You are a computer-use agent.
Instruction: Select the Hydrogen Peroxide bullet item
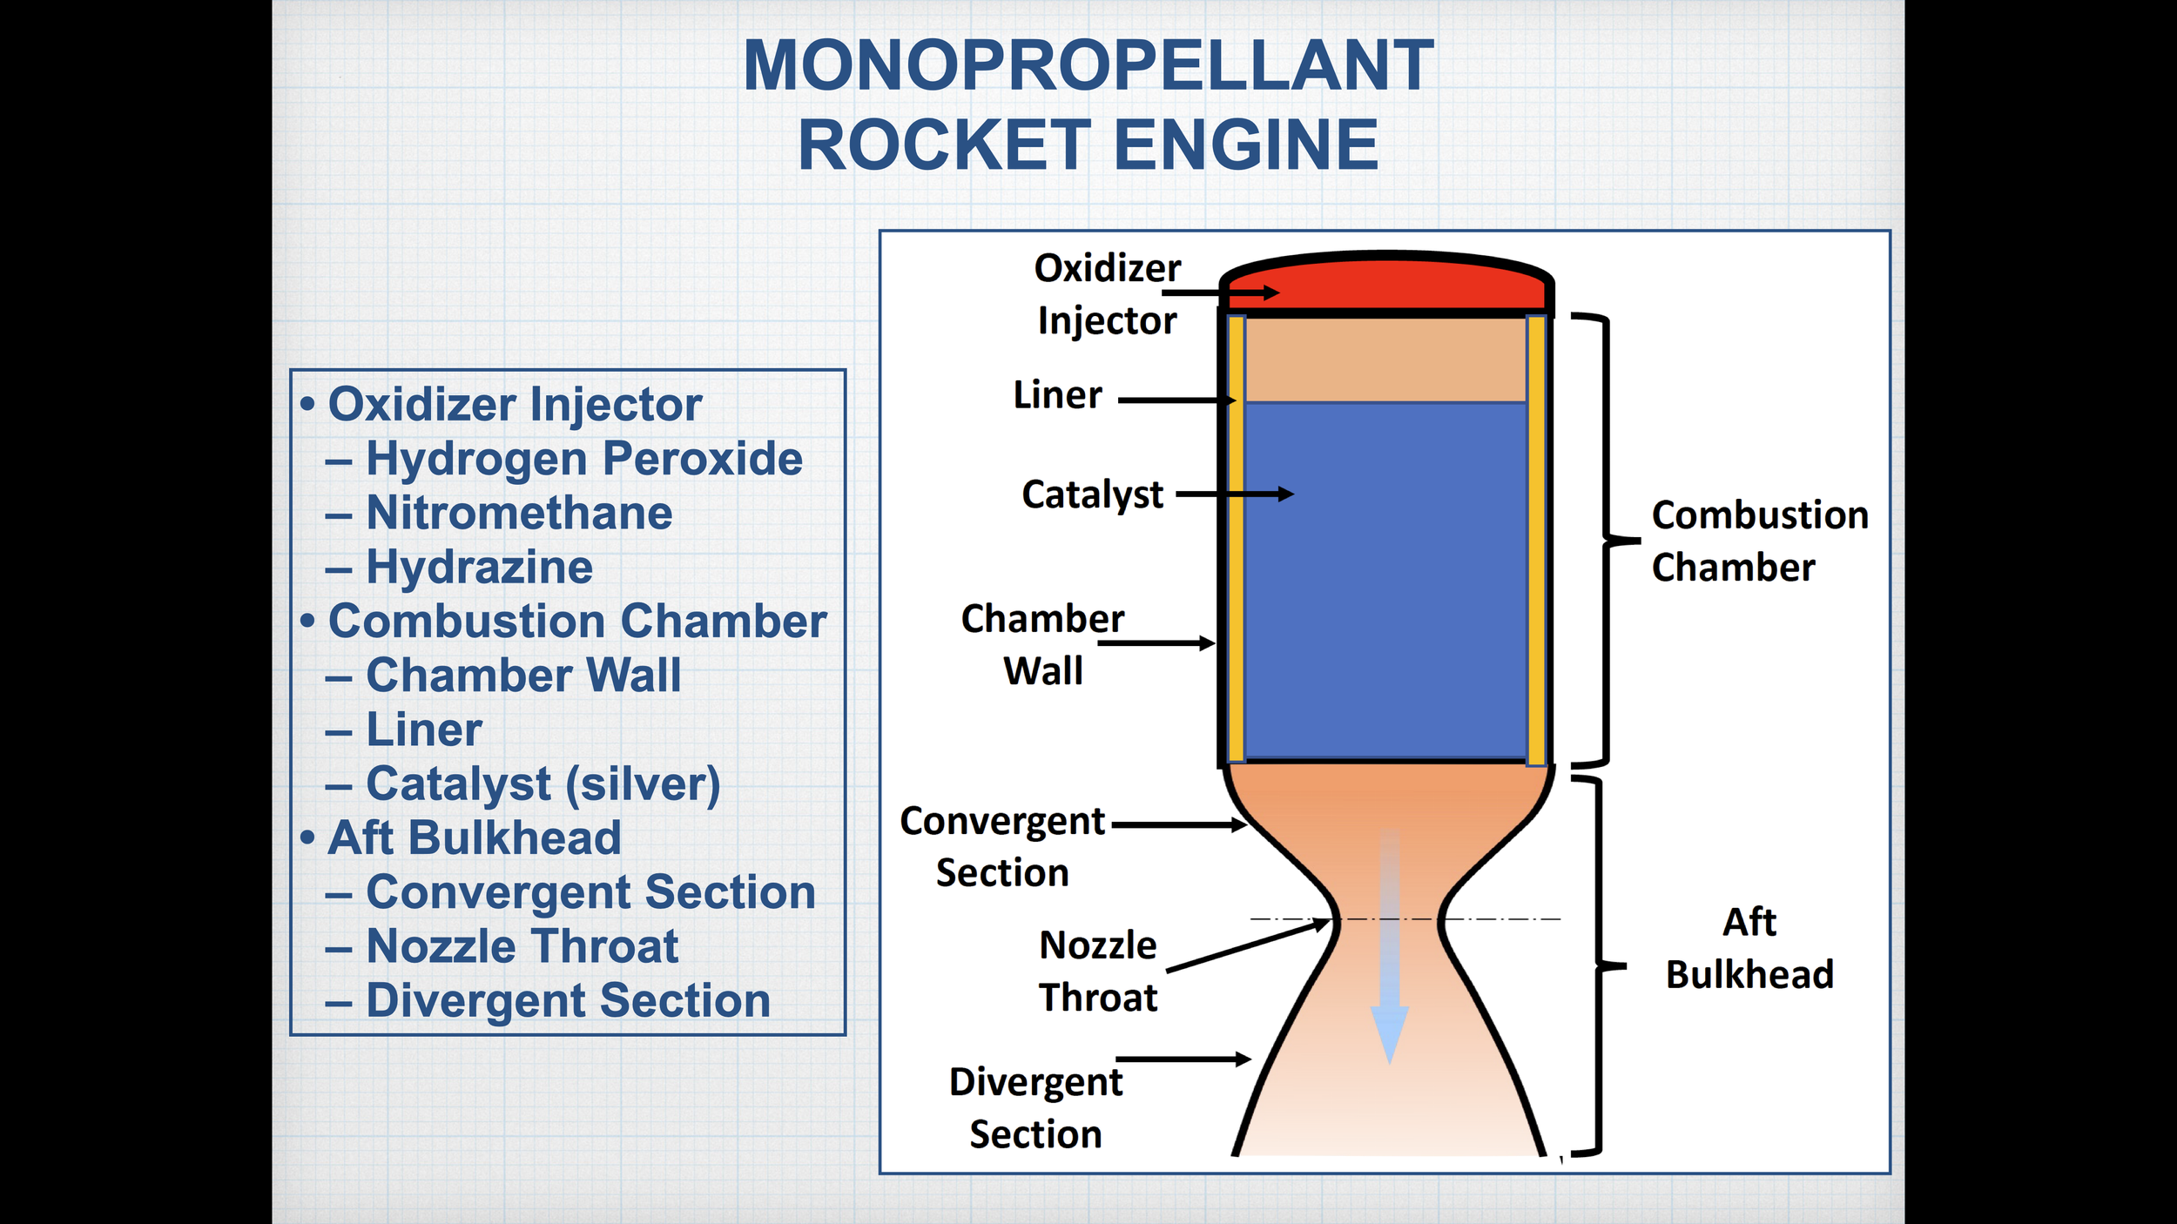pos(583,459)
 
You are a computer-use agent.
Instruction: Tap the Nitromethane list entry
pos(519,513)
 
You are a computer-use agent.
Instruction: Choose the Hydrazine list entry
pos(479,567)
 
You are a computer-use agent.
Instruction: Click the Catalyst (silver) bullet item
pos(543,783)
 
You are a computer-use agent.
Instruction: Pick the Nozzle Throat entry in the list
pos(522,946)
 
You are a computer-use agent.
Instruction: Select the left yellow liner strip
pos(1236,540)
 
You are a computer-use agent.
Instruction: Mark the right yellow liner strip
pos(1536,540)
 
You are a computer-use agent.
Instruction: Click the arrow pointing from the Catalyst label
pos(1235,494)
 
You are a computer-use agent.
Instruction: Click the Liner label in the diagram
pos(1057,395)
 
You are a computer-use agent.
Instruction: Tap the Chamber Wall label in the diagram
pos(1042,645)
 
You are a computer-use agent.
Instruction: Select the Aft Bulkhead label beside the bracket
pos(1749,948)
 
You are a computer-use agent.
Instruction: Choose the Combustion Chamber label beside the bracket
pos(1759,541)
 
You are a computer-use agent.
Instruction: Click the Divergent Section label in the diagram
pos(1035,1108)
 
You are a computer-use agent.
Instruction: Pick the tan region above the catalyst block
pos(1385,360)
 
